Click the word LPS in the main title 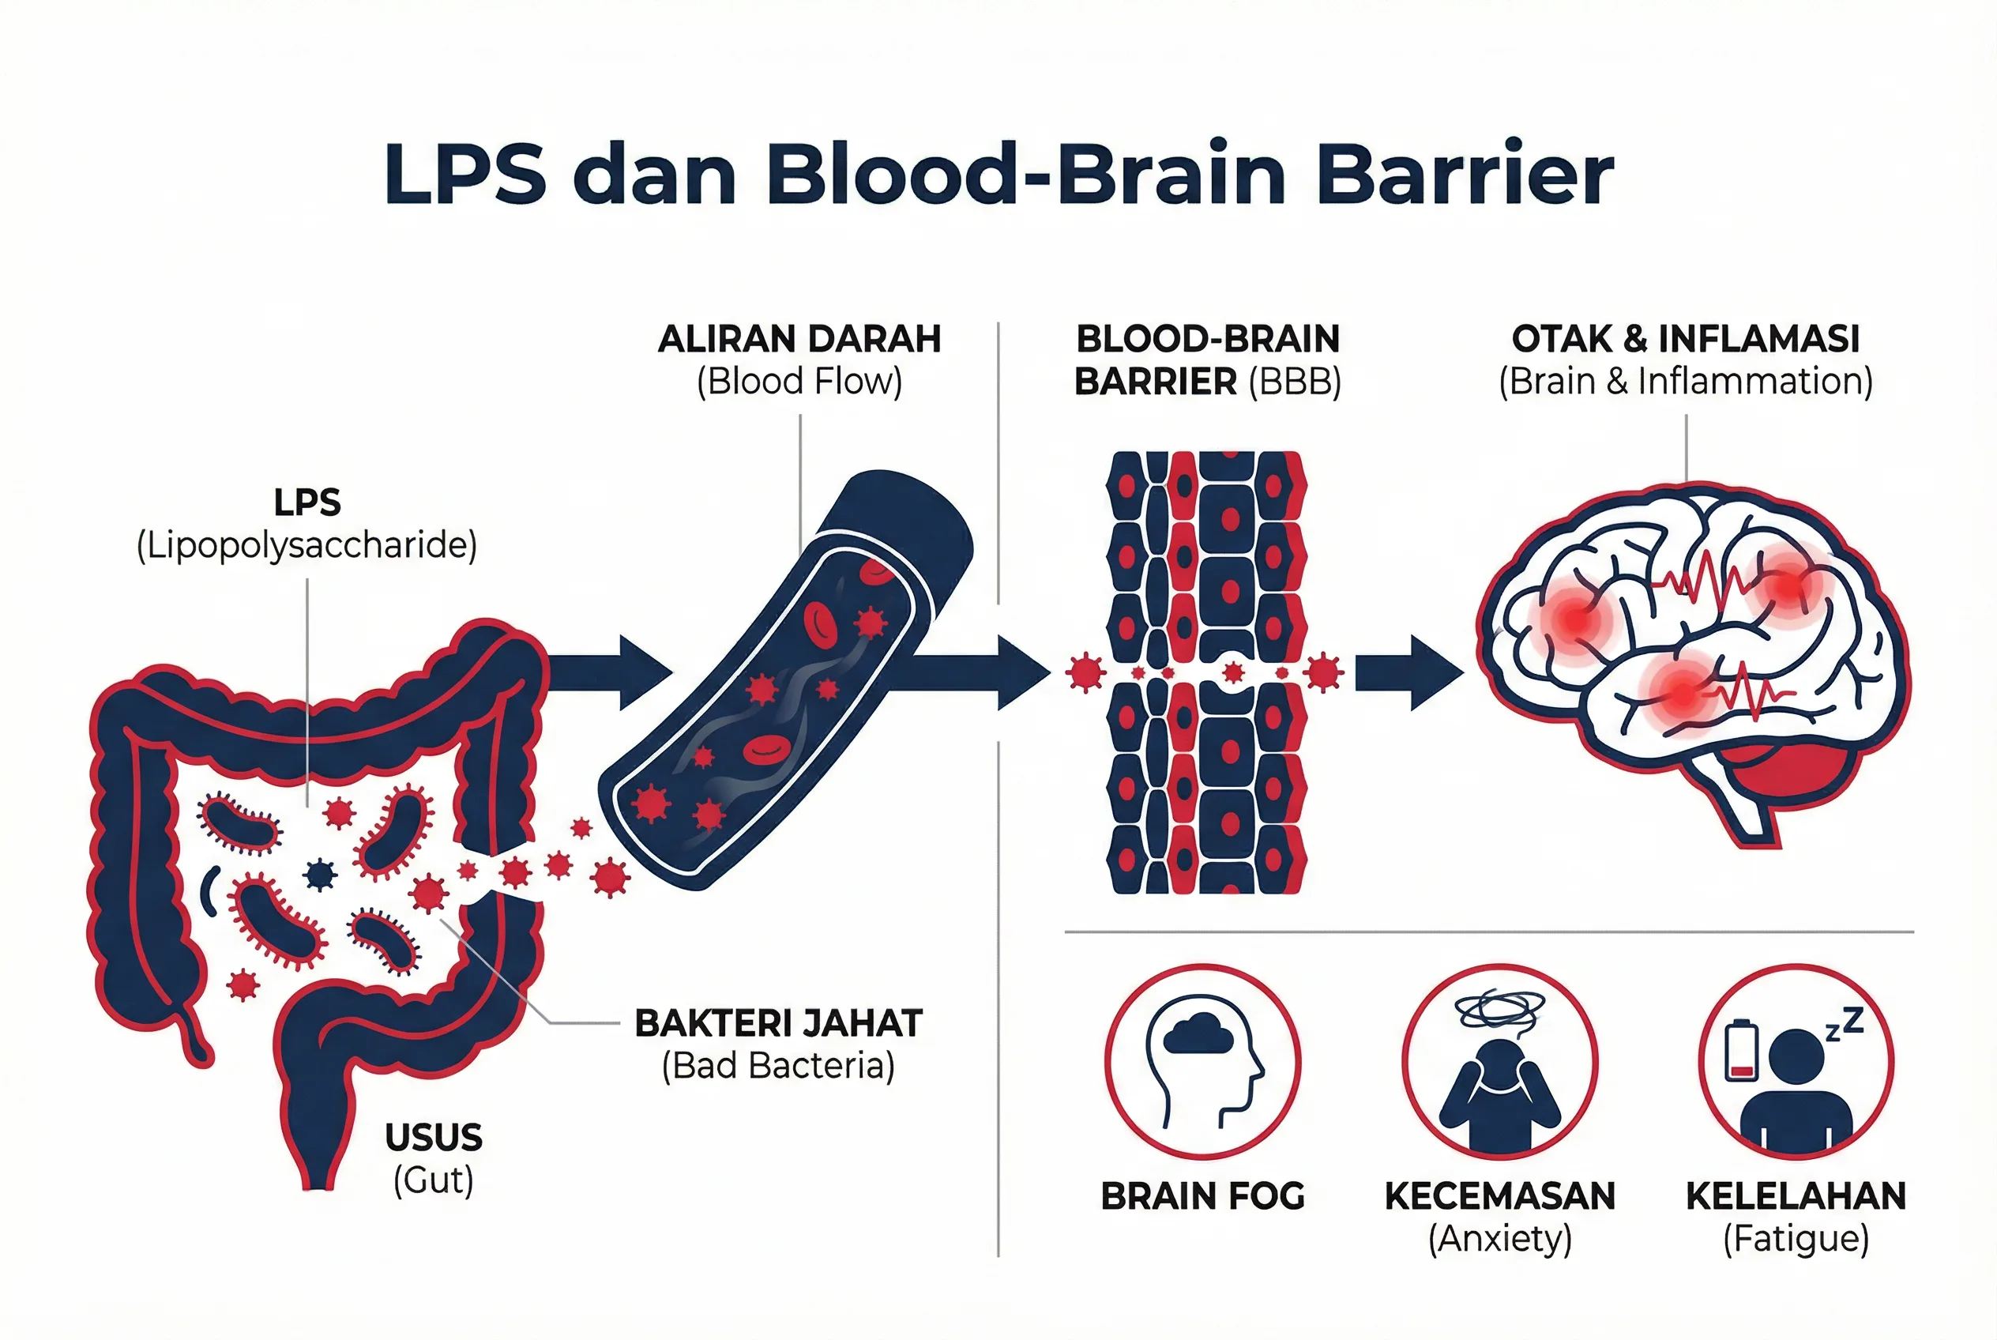pos(464,175)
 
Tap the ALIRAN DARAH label pos(799,339)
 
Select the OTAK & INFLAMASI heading pos(1685,339)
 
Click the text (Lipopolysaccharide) pos(307,545)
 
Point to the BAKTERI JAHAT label pos(778,1023)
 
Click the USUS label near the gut pos(433,1138)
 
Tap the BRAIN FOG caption pos(1202,1196)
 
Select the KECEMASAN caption pos(1499,1196)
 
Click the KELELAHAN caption pos(1796,1196)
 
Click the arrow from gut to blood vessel pos(610,672)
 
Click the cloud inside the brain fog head pos(1198,1033)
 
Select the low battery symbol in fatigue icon pos(1740,1050)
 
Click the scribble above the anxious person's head pos(1499,1009)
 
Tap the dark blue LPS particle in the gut pos(321,873)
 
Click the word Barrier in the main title pos(1465,175)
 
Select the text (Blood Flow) pos(799,382)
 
